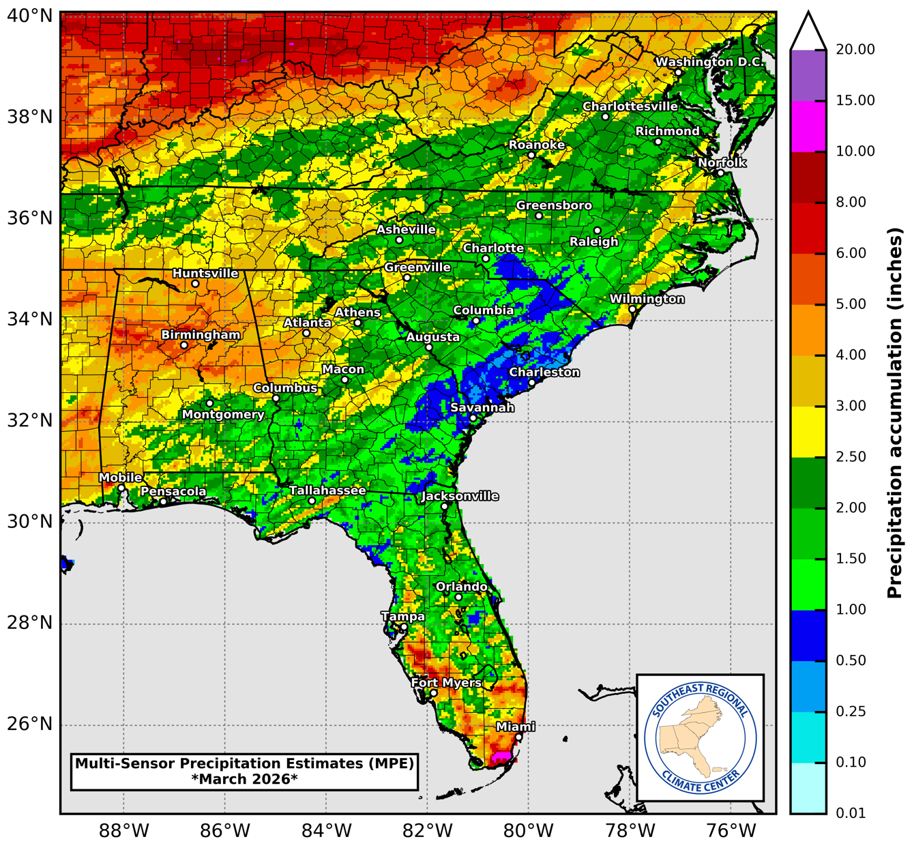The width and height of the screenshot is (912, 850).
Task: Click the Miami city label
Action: click(515, 727)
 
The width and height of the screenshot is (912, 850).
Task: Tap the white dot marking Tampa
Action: click(404, 627)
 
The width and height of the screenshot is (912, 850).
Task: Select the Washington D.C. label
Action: click(709, 62)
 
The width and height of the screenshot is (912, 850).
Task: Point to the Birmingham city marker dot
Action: click(184, 345)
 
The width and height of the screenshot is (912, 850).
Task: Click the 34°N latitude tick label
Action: click(30, 319)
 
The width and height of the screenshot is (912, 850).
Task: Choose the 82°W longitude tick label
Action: click(427, 831)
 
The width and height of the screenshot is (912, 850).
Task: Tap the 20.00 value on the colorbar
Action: click(855, 50)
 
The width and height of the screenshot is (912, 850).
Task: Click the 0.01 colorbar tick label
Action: click(851, 813)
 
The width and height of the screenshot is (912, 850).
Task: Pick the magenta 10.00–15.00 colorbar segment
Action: click(808, 126)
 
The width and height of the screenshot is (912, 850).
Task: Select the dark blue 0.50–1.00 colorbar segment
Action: click(808, 635)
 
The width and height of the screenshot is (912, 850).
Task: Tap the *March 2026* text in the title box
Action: click(244, 779)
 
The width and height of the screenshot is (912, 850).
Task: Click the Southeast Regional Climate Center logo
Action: click(700, 738)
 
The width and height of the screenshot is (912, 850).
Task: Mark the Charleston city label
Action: click(544, 372)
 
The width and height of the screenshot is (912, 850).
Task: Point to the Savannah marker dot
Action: click(473, 418)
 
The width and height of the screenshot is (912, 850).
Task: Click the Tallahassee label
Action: click(327, 490)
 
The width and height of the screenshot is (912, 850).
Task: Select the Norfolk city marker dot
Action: click(720, 173)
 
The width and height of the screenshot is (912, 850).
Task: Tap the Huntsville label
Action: click(205, 274)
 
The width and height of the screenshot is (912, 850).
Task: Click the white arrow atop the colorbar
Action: click(808, 31)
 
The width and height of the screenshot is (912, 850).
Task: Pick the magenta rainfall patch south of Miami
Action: click(501, 756)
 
